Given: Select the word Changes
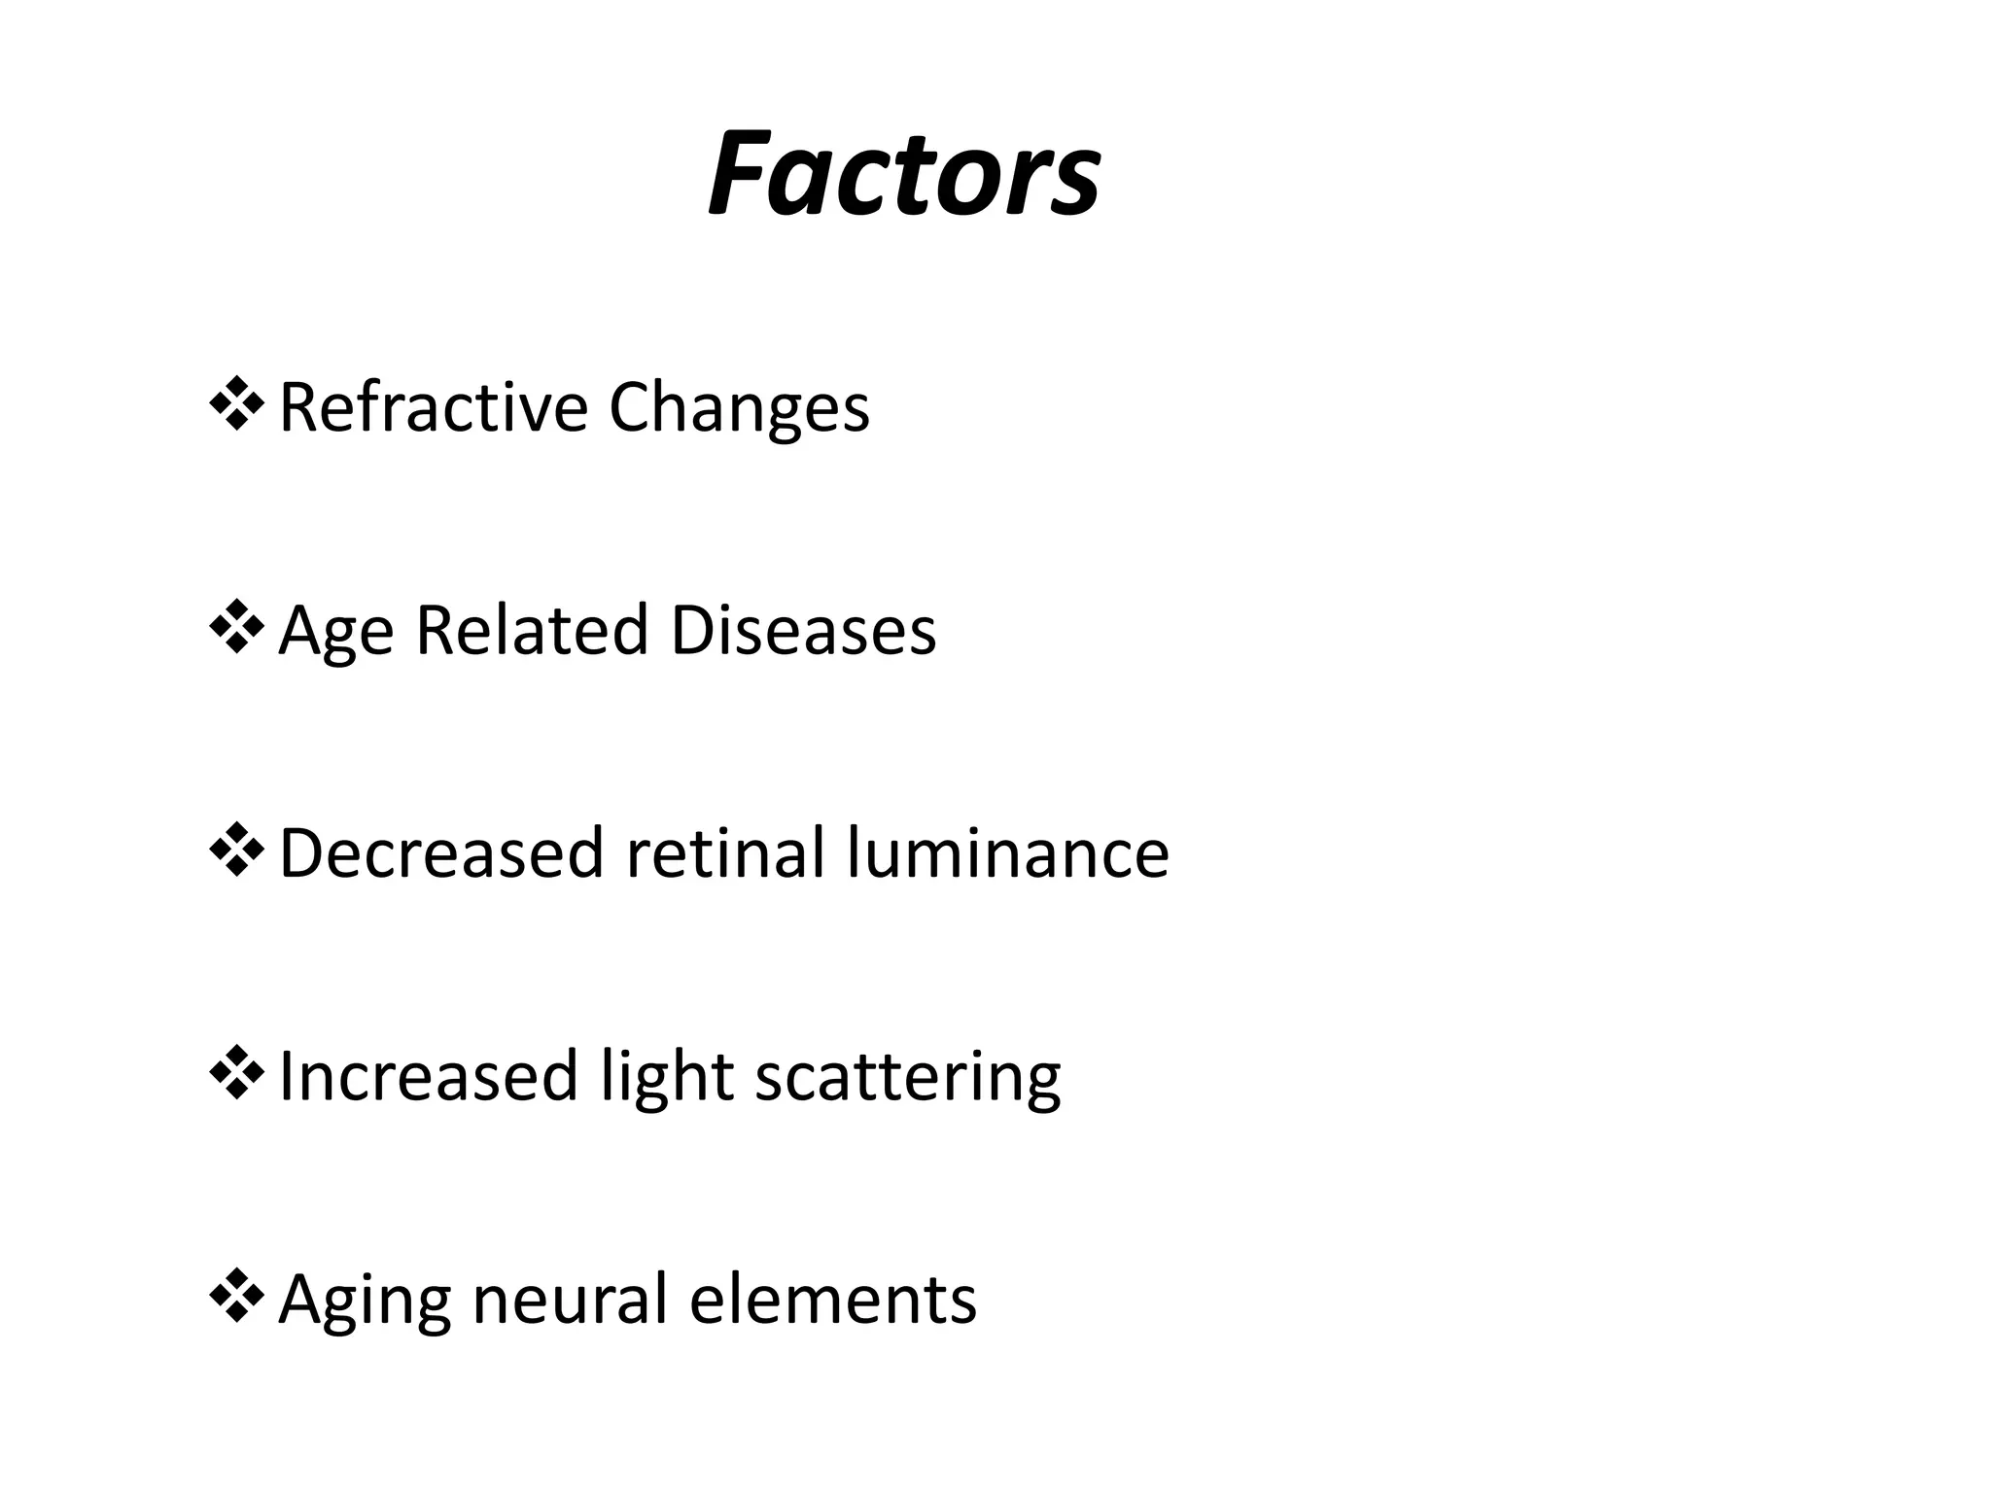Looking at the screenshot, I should pyautogui.click(x=739, y=408).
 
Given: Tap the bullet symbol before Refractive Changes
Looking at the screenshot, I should pyautogui.click(x=236, y=406).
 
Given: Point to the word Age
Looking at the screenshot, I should pyautogui.click(x=335, y=632).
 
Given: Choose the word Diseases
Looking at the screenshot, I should pyautogui.click(x=803, y=630).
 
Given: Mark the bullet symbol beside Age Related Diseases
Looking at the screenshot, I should pyautogui.click(x=236, y=630).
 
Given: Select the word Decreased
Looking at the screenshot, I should pyautogui.click(x=441, y=852).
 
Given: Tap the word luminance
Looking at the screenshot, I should pyautogui.click(x=1007, y=852).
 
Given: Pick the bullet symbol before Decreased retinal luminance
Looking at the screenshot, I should pyautogui.click(x=236, y=852).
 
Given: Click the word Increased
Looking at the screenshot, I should pyautogui.click(x=428, y=1076).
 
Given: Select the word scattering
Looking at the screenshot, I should pyautogui.click(x=907, y=1078).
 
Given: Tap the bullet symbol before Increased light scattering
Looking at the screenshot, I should pyautogui.click(x=236, y=1076).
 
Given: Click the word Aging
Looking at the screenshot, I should pyautogui.click(x=365, y=1301).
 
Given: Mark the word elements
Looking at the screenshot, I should pyautogui.click(x=833, y=1300).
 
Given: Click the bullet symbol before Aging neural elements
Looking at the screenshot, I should pyautogui.click(x=236, y=1300).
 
